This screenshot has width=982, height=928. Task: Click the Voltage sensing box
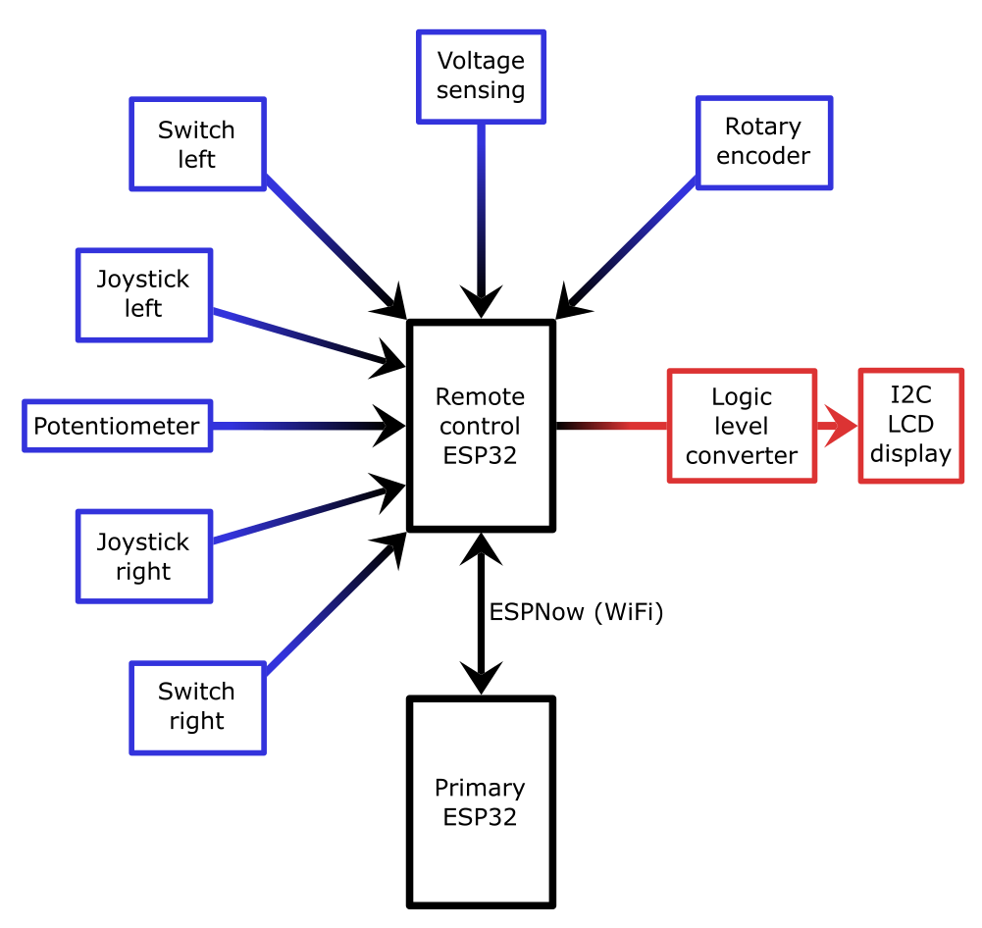pyautogui.click(x=481, y=77)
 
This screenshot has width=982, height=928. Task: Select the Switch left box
pyautogui.click(x=197, y=144)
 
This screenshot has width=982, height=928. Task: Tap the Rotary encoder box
pyautogui.click(x=763, y=142)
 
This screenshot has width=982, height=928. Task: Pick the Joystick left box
pyautogui.click(x=143, y=294)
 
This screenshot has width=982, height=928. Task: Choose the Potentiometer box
pyautogui.click(x=117, y=426)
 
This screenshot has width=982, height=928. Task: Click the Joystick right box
pyautogui.click(x=143, y=556)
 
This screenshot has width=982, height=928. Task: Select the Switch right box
pyautogui.click(x=197, y=706)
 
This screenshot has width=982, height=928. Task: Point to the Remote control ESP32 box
pyautogui.click(x=481, y=426)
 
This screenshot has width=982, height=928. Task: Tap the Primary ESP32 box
pyautogui.click(x=481, y=801)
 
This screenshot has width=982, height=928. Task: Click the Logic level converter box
pyautogui.click(x=742, y=426)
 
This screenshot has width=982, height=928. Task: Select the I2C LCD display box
pyautogui.click(x=910, y=426)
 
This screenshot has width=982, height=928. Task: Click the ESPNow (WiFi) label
pyautogui.click(x=577, y=613)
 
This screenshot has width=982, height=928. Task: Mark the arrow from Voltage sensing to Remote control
pyautogui.click(x=481, y=216)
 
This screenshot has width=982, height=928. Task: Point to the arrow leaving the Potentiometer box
pyautogui.click(x=304, y=426)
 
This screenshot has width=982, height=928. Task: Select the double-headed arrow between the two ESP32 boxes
pyautogui.click(x=481, y=613)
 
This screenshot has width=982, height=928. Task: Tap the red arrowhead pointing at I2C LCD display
pyautogui.click(x=840, y=426)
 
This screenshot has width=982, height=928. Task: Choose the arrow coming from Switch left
pyautogui.click(x=334, y=245)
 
